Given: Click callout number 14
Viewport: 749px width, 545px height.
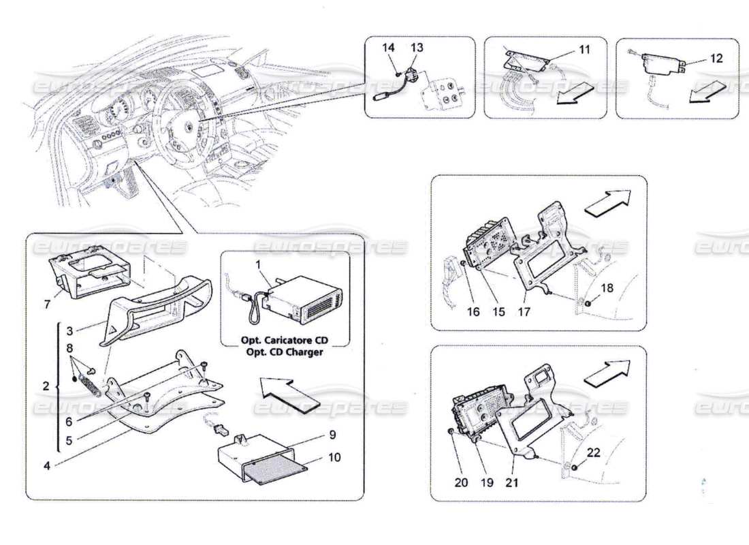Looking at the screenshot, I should tap(388, 48).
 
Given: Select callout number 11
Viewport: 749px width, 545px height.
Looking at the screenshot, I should tap(585, 50).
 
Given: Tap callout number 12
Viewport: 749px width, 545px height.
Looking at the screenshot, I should tap(716, 59).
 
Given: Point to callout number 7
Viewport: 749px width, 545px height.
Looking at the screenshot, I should tap(47, 305).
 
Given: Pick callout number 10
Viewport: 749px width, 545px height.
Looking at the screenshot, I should tap(334, 458).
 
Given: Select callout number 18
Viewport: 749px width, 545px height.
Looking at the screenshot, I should tap(607, 288).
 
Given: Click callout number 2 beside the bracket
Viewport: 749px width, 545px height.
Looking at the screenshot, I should tap(46, 386).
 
